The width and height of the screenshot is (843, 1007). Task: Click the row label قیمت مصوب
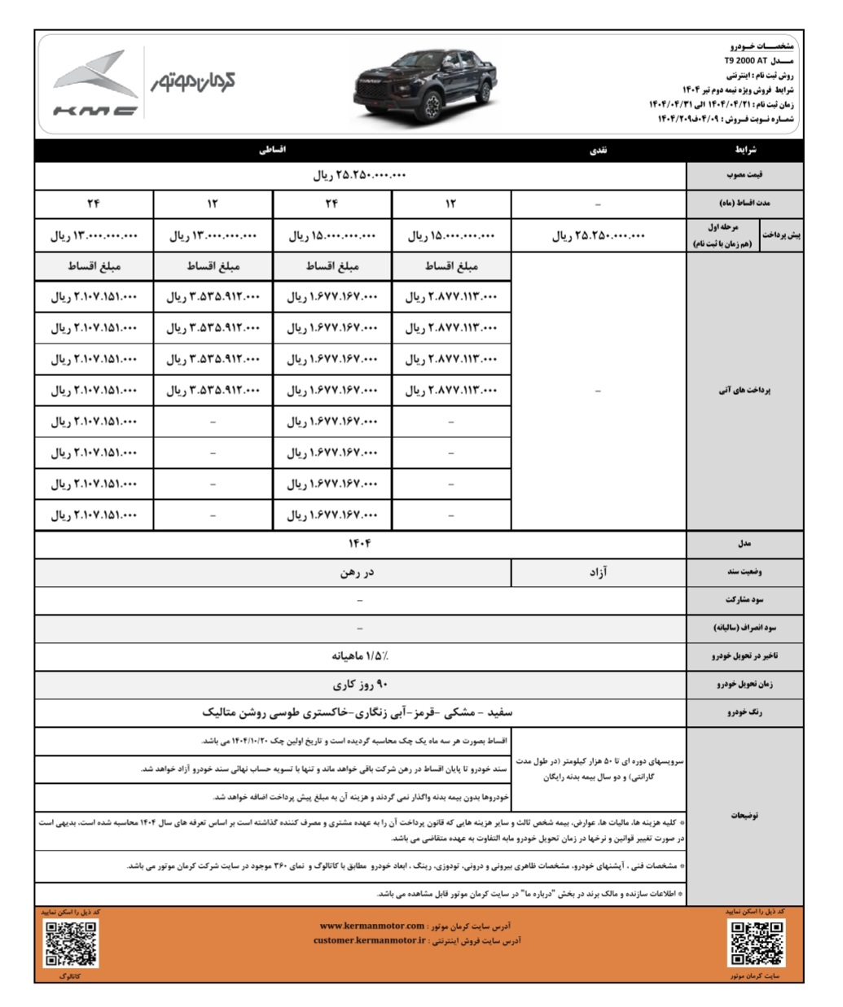pyautogui.click(x=744, y=176)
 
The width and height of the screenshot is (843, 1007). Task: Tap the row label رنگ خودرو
pyautogui.click(x=744, y=713)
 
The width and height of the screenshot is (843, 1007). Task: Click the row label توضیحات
pyautogui.click(x=744, y=815)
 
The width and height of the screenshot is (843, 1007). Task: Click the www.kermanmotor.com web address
pyautogui.click(x=371, y=926)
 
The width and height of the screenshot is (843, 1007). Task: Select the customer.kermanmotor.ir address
pyautogui.click(x=370, y=940)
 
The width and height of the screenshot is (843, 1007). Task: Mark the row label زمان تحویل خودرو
pyautogui.click(x=744, y=685)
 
